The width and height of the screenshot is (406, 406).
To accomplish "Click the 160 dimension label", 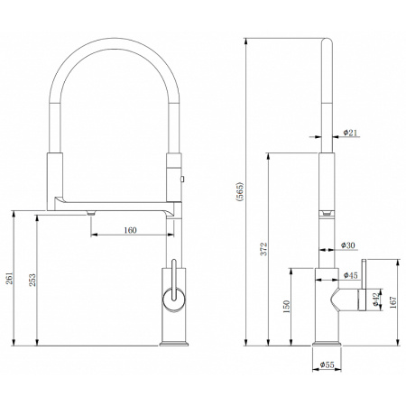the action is click(130, 230).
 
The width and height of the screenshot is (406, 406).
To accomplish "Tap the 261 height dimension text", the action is click(10, 279).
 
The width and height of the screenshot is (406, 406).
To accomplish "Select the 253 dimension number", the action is click(32, 280).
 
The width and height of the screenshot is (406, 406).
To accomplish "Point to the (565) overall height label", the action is click(241, 191).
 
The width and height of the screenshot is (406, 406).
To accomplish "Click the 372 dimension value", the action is click(263, 249).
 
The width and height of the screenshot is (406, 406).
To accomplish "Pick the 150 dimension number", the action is click(287, 307).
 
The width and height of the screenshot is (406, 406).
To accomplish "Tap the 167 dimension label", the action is click(393, 302).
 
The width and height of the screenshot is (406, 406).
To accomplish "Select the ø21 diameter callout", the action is click(350, 133).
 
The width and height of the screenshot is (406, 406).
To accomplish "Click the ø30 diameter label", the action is click(348, 245).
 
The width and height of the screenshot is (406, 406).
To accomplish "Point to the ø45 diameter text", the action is click(350, 275).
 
